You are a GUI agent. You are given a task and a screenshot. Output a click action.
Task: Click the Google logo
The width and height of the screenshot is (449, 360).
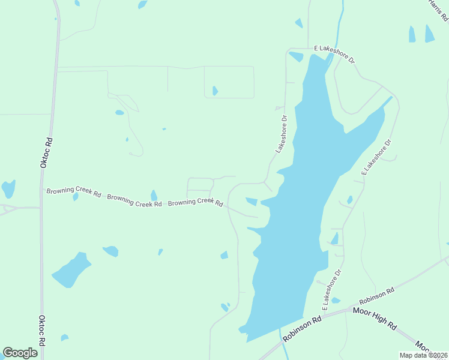20,353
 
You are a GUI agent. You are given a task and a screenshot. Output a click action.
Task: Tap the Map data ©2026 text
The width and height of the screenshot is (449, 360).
424,355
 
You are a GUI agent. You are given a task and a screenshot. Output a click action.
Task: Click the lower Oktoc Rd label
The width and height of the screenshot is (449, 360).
42,331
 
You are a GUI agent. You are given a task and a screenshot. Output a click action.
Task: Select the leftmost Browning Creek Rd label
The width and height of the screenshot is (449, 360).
74,192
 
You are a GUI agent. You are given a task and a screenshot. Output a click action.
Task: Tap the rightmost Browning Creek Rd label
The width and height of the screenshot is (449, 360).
196,203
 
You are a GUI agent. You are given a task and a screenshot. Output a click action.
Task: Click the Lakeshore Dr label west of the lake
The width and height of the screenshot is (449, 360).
282,134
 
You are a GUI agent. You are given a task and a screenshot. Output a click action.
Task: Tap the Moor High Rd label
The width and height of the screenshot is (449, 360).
375,319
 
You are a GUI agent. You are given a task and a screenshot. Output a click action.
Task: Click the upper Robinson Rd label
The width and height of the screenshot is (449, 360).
377,296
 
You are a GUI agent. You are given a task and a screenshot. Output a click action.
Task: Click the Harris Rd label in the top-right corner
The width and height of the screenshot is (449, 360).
439,10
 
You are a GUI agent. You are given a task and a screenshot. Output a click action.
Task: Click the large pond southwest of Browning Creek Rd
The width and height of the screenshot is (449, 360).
71,271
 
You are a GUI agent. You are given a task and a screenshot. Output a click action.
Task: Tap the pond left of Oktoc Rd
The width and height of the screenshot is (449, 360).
8,189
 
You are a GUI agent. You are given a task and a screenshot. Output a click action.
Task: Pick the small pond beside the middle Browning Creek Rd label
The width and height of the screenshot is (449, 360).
154,196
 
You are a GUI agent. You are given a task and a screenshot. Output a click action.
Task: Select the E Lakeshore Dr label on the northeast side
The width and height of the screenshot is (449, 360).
376,157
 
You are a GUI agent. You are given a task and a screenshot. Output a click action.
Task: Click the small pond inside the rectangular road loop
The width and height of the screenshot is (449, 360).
215,91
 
